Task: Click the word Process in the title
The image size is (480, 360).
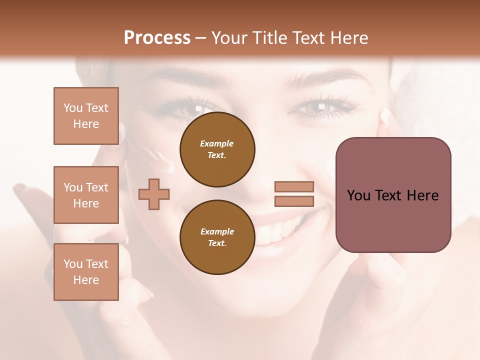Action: (157, 38)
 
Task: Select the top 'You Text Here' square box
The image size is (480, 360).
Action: (86, 116)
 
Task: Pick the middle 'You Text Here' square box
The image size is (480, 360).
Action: (86, 195)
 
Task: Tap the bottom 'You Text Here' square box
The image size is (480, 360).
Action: (86, 271)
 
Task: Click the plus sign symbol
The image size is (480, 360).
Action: (154, 193)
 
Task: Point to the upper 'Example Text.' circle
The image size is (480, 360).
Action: (217, 149)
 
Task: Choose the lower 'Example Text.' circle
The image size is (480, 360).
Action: (217, 237)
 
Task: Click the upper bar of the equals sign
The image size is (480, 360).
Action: (294, 187)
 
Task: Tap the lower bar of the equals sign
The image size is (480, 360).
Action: (294, 201)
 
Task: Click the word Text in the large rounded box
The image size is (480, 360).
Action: (390, 195)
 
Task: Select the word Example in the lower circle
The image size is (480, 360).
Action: (217, 231)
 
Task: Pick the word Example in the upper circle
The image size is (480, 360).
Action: (217, 143)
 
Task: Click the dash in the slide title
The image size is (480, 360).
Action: (201, 38)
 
